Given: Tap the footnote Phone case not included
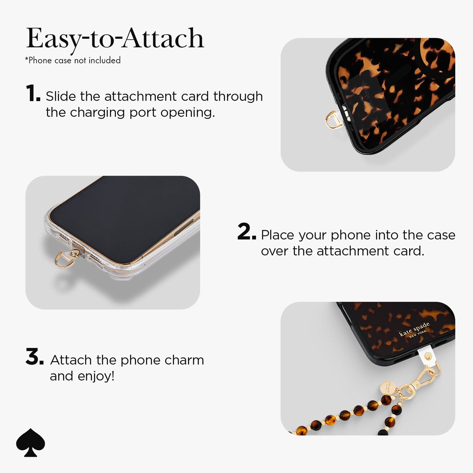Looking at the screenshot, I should pyautogui.click(x=73, y=60).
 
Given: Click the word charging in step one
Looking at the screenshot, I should pyautogui.click(x=98, y=113).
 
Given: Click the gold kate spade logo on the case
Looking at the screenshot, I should pyautogui.click(x=414, y=330).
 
